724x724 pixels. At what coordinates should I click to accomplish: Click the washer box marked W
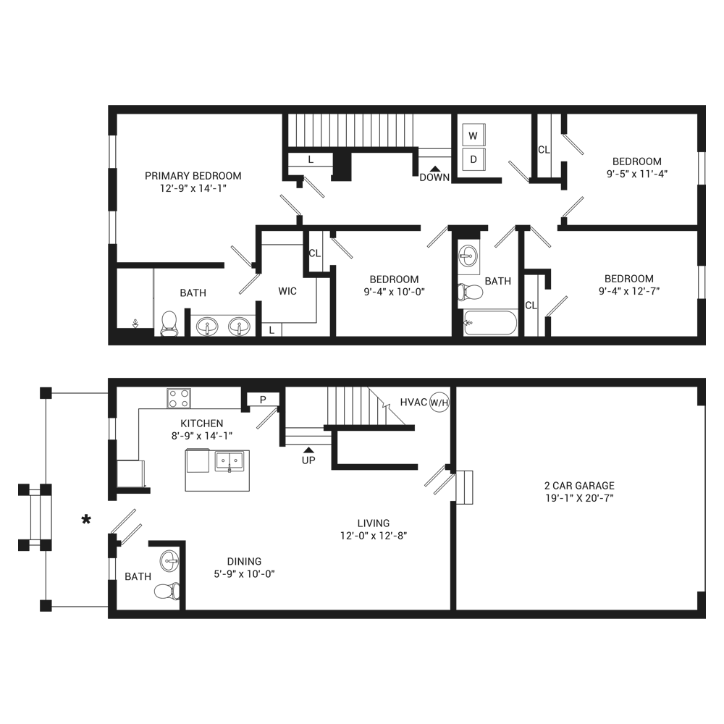click(x=473, y=135)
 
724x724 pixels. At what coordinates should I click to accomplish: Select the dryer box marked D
click(x=473, y=159)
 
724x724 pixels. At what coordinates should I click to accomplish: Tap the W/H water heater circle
click(x=439, y=403)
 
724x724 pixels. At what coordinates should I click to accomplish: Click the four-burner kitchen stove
click(x=179, y=398)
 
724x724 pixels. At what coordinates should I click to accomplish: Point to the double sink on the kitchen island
click(x=230, y=461)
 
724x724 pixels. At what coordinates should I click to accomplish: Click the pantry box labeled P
click(x=263, y=400)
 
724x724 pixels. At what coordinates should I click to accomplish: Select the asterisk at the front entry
click(x=86, y=520)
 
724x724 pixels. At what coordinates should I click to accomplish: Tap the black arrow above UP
click(x=308, y=450)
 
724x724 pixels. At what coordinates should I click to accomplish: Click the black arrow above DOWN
click(x=434, y=169)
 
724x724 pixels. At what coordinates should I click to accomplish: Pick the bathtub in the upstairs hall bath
click(x=490, y=323)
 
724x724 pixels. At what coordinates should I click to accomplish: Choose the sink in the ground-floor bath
click(x=169, y=561)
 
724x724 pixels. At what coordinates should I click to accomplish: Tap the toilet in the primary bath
click(x=169, y=323)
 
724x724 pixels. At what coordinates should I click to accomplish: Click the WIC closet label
click(x=287, y=291)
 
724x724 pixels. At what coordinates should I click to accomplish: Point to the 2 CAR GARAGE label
click(x=579, y=485)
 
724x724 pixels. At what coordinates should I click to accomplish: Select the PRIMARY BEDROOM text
click(x=193, y=176)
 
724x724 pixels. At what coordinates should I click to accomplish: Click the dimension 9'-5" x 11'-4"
click(x=637, y=174)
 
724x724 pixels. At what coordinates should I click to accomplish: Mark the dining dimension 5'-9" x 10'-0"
click(x=244, y=574)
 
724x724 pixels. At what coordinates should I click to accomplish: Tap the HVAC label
click(x=413, y=402)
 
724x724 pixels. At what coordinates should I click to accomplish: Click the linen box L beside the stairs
click(x=311, y=160)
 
